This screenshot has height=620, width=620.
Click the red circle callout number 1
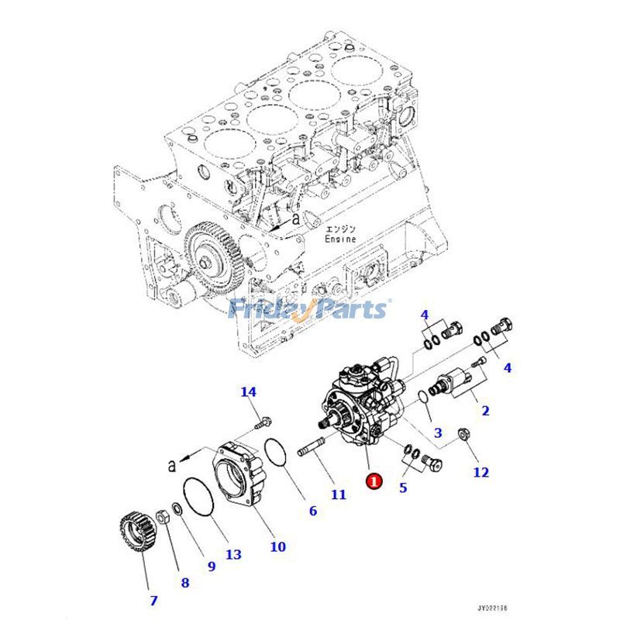pos(374,480)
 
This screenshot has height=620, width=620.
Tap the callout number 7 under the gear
pos(153,600)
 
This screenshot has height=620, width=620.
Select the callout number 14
pos(248,392)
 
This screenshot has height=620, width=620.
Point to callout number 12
pos(481,472)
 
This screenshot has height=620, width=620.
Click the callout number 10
pos(277,547)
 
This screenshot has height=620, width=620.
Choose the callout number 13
pos(233,554)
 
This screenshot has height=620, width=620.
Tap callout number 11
pos(339,494)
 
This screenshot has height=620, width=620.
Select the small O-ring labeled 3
pos(421,398)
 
